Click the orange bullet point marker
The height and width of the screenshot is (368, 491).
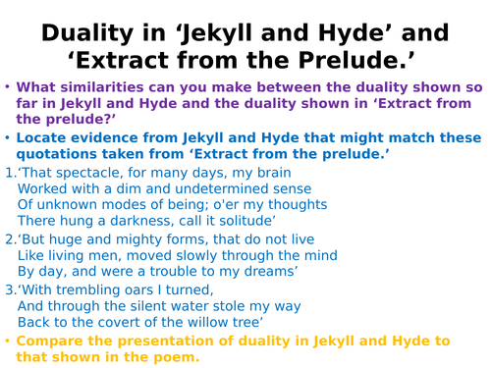point(9,341)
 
